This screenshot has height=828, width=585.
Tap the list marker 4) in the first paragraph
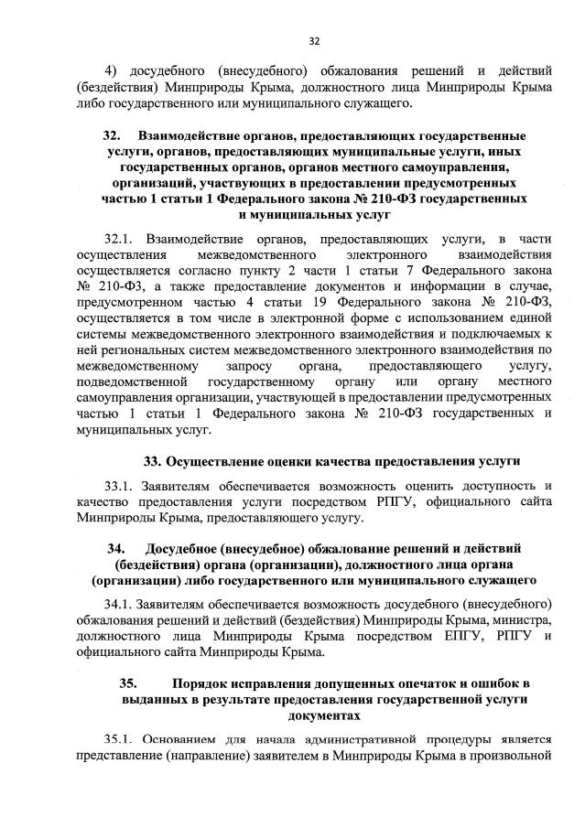pos(112,71)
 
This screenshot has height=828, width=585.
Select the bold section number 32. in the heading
pos(114,135)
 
